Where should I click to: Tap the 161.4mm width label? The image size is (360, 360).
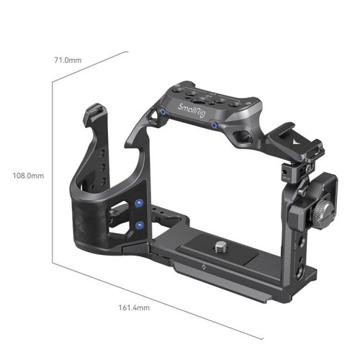pyautogui.click(x=134, y=307)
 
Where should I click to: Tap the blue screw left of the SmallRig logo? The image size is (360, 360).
pyautogui.click(x=165, y=112)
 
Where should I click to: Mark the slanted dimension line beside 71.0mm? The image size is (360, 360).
pyautogui.click(x=90, y=66)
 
